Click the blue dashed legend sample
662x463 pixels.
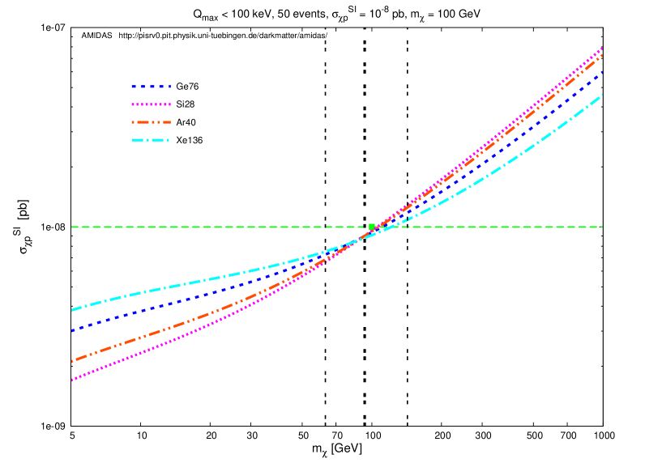151,87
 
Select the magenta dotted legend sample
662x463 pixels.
151,104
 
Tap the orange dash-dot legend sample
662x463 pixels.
151,122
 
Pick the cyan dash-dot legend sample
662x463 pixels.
151,140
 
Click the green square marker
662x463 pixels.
372,227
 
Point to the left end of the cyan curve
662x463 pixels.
72,310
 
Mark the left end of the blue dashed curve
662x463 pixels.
72,331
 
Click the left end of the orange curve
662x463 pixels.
72,361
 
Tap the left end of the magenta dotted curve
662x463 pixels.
72,380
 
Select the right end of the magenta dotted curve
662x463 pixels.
602,49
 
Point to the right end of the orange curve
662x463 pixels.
602,55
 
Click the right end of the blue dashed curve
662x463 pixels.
602,72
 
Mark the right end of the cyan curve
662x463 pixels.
602,96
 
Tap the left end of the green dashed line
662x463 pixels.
72,227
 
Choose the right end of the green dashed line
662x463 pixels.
602,227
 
